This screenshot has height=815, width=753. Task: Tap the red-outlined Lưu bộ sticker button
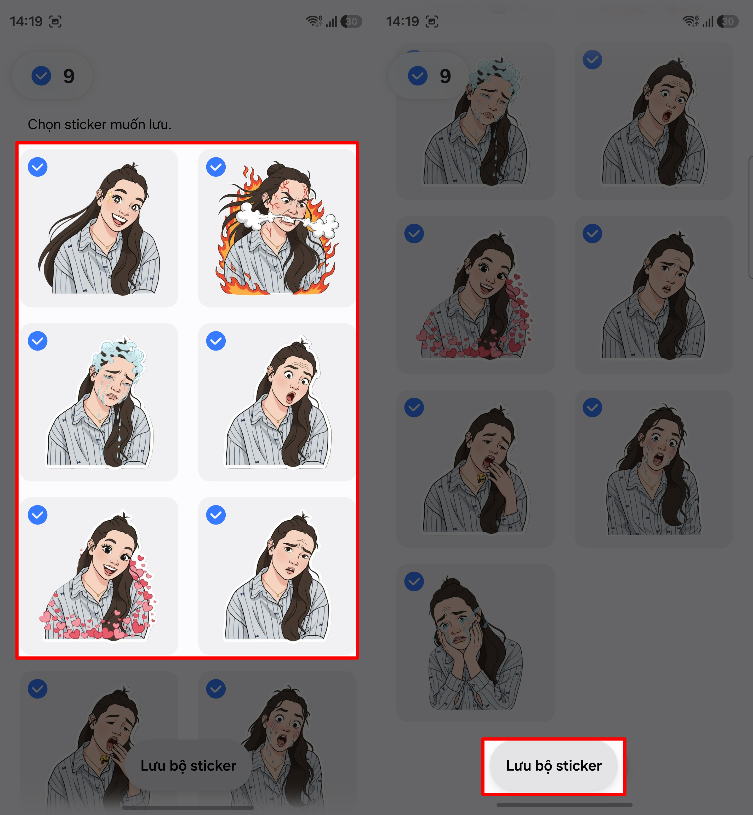tap(553, 766)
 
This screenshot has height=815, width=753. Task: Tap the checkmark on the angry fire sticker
tap(216, 167)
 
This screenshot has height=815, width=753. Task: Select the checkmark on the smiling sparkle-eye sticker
tap(37, 167)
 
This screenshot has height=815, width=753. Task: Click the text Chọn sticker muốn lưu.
tap(99, 124)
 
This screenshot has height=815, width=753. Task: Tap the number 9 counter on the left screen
tap(69, 76)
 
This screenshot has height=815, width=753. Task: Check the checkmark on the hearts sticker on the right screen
tap(414, 234)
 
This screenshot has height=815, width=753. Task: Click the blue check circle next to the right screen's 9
tap(418, 76)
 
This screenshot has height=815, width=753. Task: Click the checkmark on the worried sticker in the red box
tap(216, 515)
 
